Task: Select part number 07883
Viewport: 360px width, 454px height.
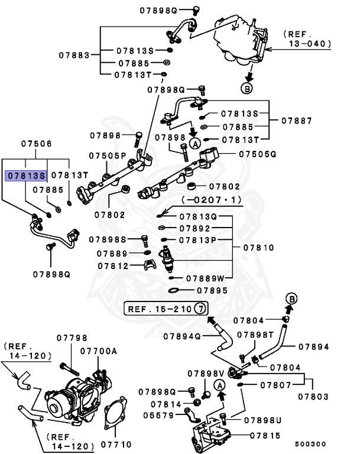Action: point(74,56)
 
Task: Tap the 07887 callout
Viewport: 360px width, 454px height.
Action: point(296,120)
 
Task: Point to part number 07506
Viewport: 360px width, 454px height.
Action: point(37,144)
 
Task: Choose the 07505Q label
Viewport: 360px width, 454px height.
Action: point(258,154)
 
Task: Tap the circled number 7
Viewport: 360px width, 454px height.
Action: point(200,309)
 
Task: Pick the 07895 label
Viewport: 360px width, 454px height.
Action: point(212,290)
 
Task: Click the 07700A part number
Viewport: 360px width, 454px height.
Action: point(99,351)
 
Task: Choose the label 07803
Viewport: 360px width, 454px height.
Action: point(313,396)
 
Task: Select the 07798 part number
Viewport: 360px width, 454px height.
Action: point(72,338)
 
